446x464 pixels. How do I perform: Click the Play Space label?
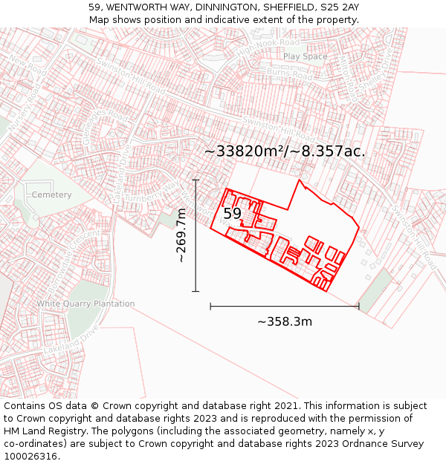(305, 56)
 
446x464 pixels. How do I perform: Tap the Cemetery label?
(51, 195)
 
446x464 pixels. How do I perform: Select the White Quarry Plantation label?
(86, 304)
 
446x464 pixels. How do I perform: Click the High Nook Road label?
(257, 47)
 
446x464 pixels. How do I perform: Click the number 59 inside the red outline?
(233, 213)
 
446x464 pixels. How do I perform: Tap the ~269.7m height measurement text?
(181, 235)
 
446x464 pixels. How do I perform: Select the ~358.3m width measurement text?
(285, 321)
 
